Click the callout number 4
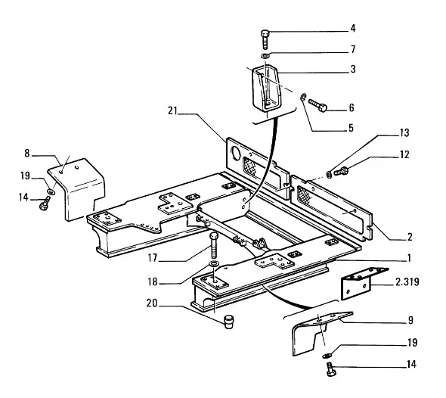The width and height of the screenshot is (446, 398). pos(353,28)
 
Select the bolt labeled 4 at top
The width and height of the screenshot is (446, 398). pos(265,39)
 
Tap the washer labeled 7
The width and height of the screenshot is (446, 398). pos(265,55)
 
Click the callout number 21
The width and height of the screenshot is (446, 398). pos(172,110)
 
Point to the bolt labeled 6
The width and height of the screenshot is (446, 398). pos(318,105)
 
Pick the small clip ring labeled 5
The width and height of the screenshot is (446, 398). pos(303,97)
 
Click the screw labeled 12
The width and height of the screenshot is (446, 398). pos(341,172)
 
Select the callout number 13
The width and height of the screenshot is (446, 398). pos(404,133)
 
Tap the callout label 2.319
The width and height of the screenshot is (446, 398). pos(407,281)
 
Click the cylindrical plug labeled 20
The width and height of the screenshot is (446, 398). pos(229,322)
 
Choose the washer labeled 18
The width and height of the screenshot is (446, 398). pos(213,263)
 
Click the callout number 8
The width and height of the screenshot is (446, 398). pos(26,154)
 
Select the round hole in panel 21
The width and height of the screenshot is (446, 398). pos(236,153)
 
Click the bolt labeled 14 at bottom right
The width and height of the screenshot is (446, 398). pos(331,369)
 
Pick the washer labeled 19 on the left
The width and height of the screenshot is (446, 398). pos(51,191)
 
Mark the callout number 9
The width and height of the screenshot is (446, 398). pos(410,321)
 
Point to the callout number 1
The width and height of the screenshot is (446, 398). pos(409,258)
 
